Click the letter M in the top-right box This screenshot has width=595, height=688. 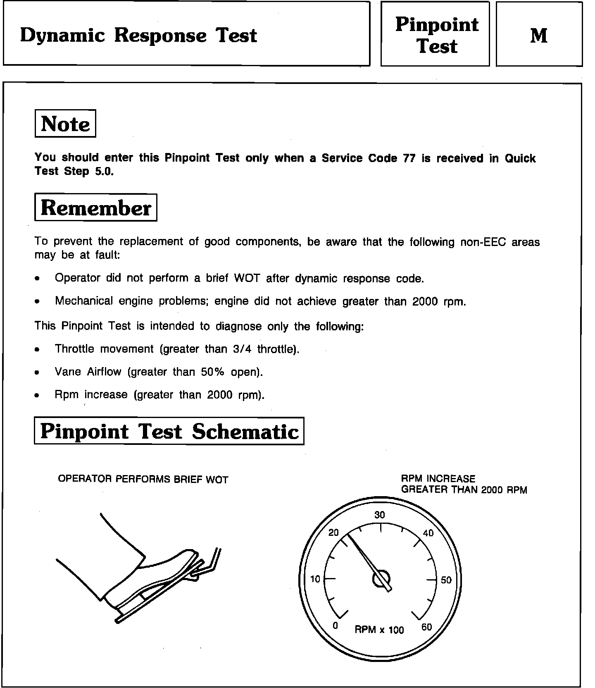coord(538,36)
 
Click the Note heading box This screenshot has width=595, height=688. coord(65,124)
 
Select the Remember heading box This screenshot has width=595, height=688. coord(95,208)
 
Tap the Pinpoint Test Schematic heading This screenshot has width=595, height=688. coord(169,431)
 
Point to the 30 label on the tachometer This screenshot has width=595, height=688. coord(379,515)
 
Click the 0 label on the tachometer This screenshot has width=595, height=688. coord(336,626)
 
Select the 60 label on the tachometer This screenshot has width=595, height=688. coord(426,627)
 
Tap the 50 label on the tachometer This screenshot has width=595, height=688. coord(446,580)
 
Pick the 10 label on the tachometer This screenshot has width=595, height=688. coord(315,579)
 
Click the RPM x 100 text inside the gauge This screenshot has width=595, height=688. coord(379,630)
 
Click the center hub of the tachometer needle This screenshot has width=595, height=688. coord(381,578)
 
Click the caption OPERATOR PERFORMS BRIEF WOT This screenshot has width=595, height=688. coord(143,479)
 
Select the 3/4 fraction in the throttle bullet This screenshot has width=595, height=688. coord(242,349)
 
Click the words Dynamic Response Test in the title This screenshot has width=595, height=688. coord(138,35)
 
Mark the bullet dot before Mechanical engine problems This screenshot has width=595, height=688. coord(38,302)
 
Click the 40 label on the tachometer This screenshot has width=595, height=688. coord(428,533)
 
